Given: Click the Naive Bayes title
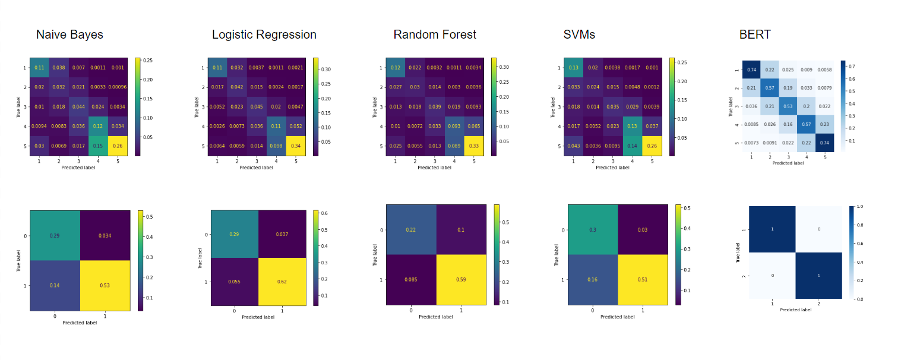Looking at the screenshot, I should click(69, 34).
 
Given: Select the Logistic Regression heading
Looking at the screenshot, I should click(264, 34).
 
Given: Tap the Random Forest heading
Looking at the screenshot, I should click(435, 34).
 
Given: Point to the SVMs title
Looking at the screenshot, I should click(579, 34).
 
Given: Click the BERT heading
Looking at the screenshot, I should click(755, 34).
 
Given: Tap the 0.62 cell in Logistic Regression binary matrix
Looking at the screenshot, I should click(282, 282).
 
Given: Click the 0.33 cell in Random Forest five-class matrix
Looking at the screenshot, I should click(474, 146).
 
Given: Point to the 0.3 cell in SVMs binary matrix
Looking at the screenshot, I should click(593, 230).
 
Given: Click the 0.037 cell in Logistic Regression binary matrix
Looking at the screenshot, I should click(282, 234).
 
